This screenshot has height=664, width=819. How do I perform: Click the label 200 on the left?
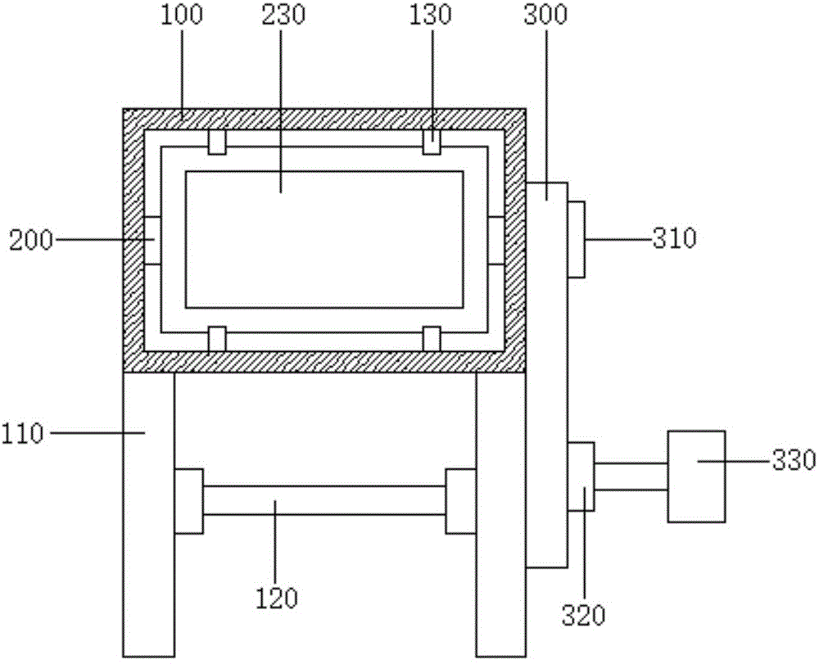point(31,241)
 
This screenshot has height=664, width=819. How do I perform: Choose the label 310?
point(674,238)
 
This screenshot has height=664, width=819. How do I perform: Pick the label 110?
point(22,433)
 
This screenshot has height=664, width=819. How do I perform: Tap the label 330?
point(794,460)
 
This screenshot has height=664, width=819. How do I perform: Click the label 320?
point(583,616)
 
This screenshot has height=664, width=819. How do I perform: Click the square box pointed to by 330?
point(696,476)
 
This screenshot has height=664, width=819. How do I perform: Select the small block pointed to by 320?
point(581,476)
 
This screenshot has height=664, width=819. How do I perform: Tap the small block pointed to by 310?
point(576,239)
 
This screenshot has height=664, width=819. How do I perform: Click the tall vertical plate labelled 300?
point(546,375)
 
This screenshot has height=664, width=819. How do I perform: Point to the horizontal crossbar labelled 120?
point(324,500)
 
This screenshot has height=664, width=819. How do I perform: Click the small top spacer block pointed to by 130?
point(432,142)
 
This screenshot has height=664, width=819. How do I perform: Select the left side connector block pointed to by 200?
point(152,241)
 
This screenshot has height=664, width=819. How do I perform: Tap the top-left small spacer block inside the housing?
point(217,142)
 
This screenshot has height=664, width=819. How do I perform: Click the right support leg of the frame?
point(501,514)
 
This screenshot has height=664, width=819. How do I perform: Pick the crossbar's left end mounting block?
point(188,501)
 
